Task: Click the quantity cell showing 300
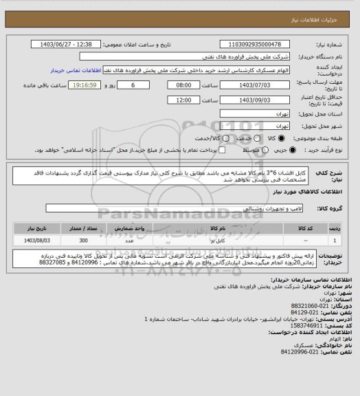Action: pyautogui.click(x=83, y=241)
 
